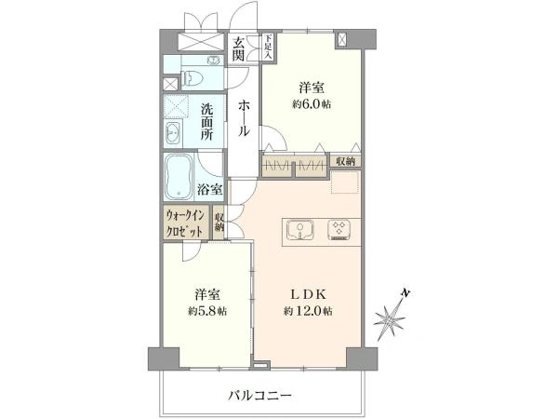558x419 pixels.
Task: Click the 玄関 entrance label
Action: tap(238, 48)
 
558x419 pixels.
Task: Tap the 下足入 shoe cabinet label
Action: tap(268, 47)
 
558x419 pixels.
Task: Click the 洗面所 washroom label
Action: tap(206, 121)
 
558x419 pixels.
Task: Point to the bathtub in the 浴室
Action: tap(179, 177)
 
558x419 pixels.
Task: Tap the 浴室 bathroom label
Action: tap(210, 190)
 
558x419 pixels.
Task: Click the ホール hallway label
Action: tap(244, 118)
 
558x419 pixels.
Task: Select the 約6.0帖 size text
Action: tap(312, 104)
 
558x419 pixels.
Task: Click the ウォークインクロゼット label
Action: tap(185, 223)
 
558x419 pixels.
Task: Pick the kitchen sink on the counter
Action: tap(300, 229)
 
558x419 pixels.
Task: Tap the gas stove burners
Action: tap(339, 229)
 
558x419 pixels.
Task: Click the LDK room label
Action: tap(309, 294)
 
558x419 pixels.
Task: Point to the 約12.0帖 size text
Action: tap(308, 311)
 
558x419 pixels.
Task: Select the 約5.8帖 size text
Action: tap(207, 311)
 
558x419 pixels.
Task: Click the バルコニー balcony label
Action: tap(259, 395)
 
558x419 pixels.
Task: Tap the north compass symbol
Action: tap(391, 317)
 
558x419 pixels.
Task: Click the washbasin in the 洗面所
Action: tap(173, 133)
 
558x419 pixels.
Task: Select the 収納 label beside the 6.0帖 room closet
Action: tap(346, 161)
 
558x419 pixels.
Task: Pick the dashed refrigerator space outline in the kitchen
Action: tap(345, 182)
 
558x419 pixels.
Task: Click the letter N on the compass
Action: tap(405, 293)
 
